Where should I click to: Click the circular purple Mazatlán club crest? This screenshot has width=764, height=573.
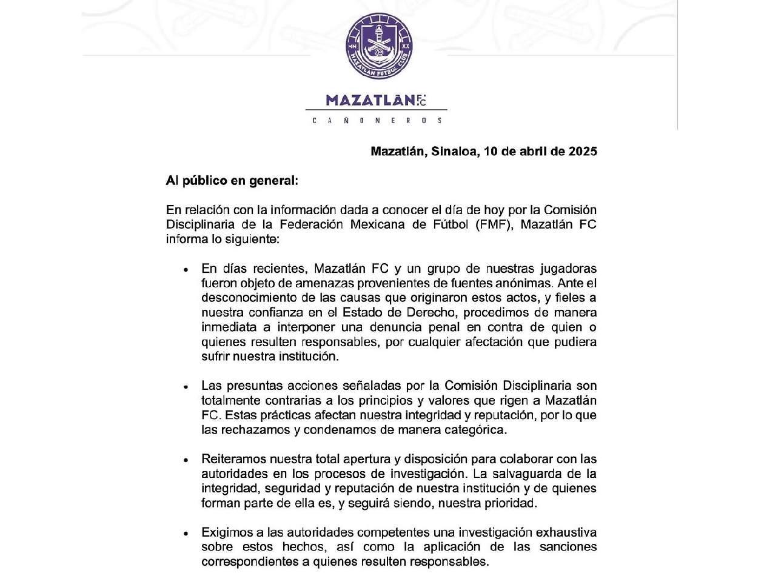(379, 46)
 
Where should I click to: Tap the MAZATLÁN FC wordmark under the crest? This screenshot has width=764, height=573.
(376, 100)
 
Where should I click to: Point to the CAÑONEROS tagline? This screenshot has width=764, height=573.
(377, 121)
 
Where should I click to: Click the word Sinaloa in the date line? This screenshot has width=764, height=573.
(454, 151)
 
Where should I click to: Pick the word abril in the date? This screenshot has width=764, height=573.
(536, 151)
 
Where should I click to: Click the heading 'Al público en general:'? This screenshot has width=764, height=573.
(232, 181)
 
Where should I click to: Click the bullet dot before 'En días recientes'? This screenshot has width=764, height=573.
(187, 269)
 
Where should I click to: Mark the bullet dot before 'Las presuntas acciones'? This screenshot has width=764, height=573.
(187, 387)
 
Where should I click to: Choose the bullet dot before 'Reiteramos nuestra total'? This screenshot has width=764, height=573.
(187, 460)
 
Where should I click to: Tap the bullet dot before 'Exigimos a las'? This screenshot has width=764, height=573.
(187, 534)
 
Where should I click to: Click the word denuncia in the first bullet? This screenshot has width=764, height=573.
(384, 327)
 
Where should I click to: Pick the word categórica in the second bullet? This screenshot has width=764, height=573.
(477, 431)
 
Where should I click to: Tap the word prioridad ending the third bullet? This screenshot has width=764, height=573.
(512, 503)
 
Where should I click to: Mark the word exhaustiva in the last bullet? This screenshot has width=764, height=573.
(561, 532)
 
